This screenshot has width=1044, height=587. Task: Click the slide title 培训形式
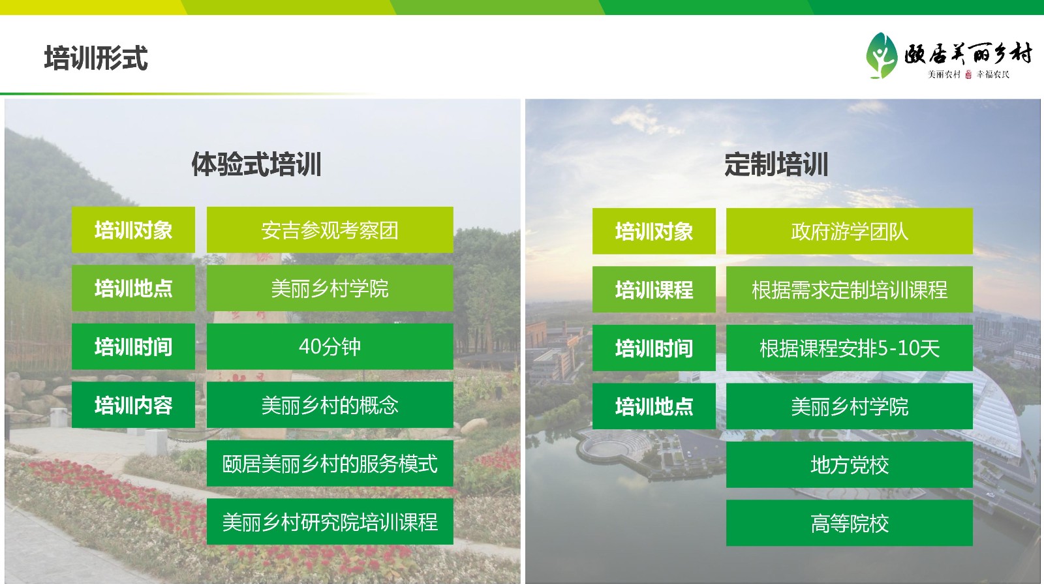pyautogui.click(x=96, y=58)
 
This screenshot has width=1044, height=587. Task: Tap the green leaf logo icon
pyautogui.click(x=882, y=55)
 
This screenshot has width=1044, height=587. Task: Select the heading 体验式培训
pyautogui.click(x=256, y=164)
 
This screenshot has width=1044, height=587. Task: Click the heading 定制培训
pyautogui.click(x=776, y=164)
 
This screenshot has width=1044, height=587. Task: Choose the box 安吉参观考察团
pyautogui.click(x=330, y=230)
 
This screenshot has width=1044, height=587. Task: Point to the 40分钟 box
pyautogui.click(x=330, y=346)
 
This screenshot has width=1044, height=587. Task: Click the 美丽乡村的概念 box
pyautogui.click(x=330, y=405)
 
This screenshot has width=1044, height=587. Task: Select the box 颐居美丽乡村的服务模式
pyautogui.click(x=330, y=464)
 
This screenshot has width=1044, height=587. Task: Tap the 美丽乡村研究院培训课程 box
pyautogui.click(x=330, y=522)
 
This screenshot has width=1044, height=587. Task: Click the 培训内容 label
pyautogui.click(x=133, y=405)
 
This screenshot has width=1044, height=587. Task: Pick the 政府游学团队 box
pyautogui.click(x=849, y=231)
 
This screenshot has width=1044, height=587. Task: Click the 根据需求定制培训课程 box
pyautogui.click(x=849, y=290)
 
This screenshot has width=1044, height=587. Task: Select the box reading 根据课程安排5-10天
pyautogui.click(x=849, y=348)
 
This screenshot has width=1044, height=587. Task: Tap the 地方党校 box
pyautogui.click(x=849, y=465)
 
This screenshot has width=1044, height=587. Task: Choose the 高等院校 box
pyautogui.click(x=849, y=523)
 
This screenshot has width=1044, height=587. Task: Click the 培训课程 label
pyautogui.click(x=654, y=290)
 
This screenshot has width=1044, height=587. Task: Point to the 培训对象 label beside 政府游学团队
pyautogui.click(x=654, y=231)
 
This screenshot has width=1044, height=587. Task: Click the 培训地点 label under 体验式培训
pyautogui.click(x=133, y=288)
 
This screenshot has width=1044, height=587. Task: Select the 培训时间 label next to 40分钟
pyautogui.click(x=133, y=346)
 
